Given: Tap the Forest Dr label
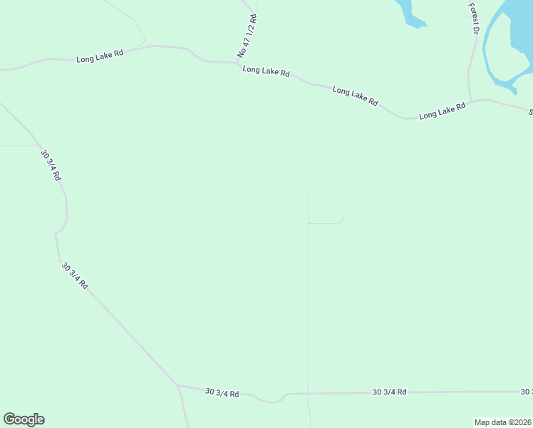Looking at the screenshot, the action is (x=473, y=19).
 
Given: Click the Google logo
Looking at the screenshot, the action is (x=24, y=419).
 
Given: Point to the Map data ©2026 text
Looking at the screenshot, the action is (x=502, y=422).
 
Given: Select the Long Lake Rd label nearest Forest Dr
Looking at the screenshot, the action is (x=442, y=111).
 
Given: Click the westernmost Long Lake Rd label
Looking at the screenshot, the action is (x=100, y=54).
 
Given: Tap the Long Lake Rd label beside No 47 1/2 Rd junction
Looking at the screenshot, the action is (x=266, y=71).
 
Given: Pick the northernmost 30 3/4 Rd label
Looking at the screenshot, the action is (x=51, y=165).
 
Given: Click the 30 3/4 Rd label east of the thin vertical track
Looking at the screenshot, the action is (x=389, y=392).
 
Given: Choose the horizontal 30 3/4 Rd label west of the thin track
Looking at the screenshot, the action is (x=222, y=392).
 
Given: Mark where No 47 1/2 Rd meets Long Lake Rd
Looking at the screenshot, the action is (x=238, y=63).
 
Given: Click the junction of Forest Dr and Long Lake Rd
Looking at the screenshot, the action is (x=470, y=101).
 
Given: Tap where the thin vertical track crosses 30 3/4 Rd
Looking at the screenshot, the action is (x=308, y=393).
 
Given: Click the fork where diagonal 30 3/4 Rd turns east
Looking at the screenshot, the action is (x=177, y=385).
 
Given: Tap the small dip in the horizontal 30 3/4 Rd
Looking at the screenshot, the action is (x=271, y=401).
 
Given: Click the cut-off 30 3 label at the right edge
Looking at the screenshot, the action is (x=526, y=391).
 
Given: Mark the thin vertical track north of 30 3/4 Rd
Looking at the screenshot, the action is (x=308, y=300).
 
